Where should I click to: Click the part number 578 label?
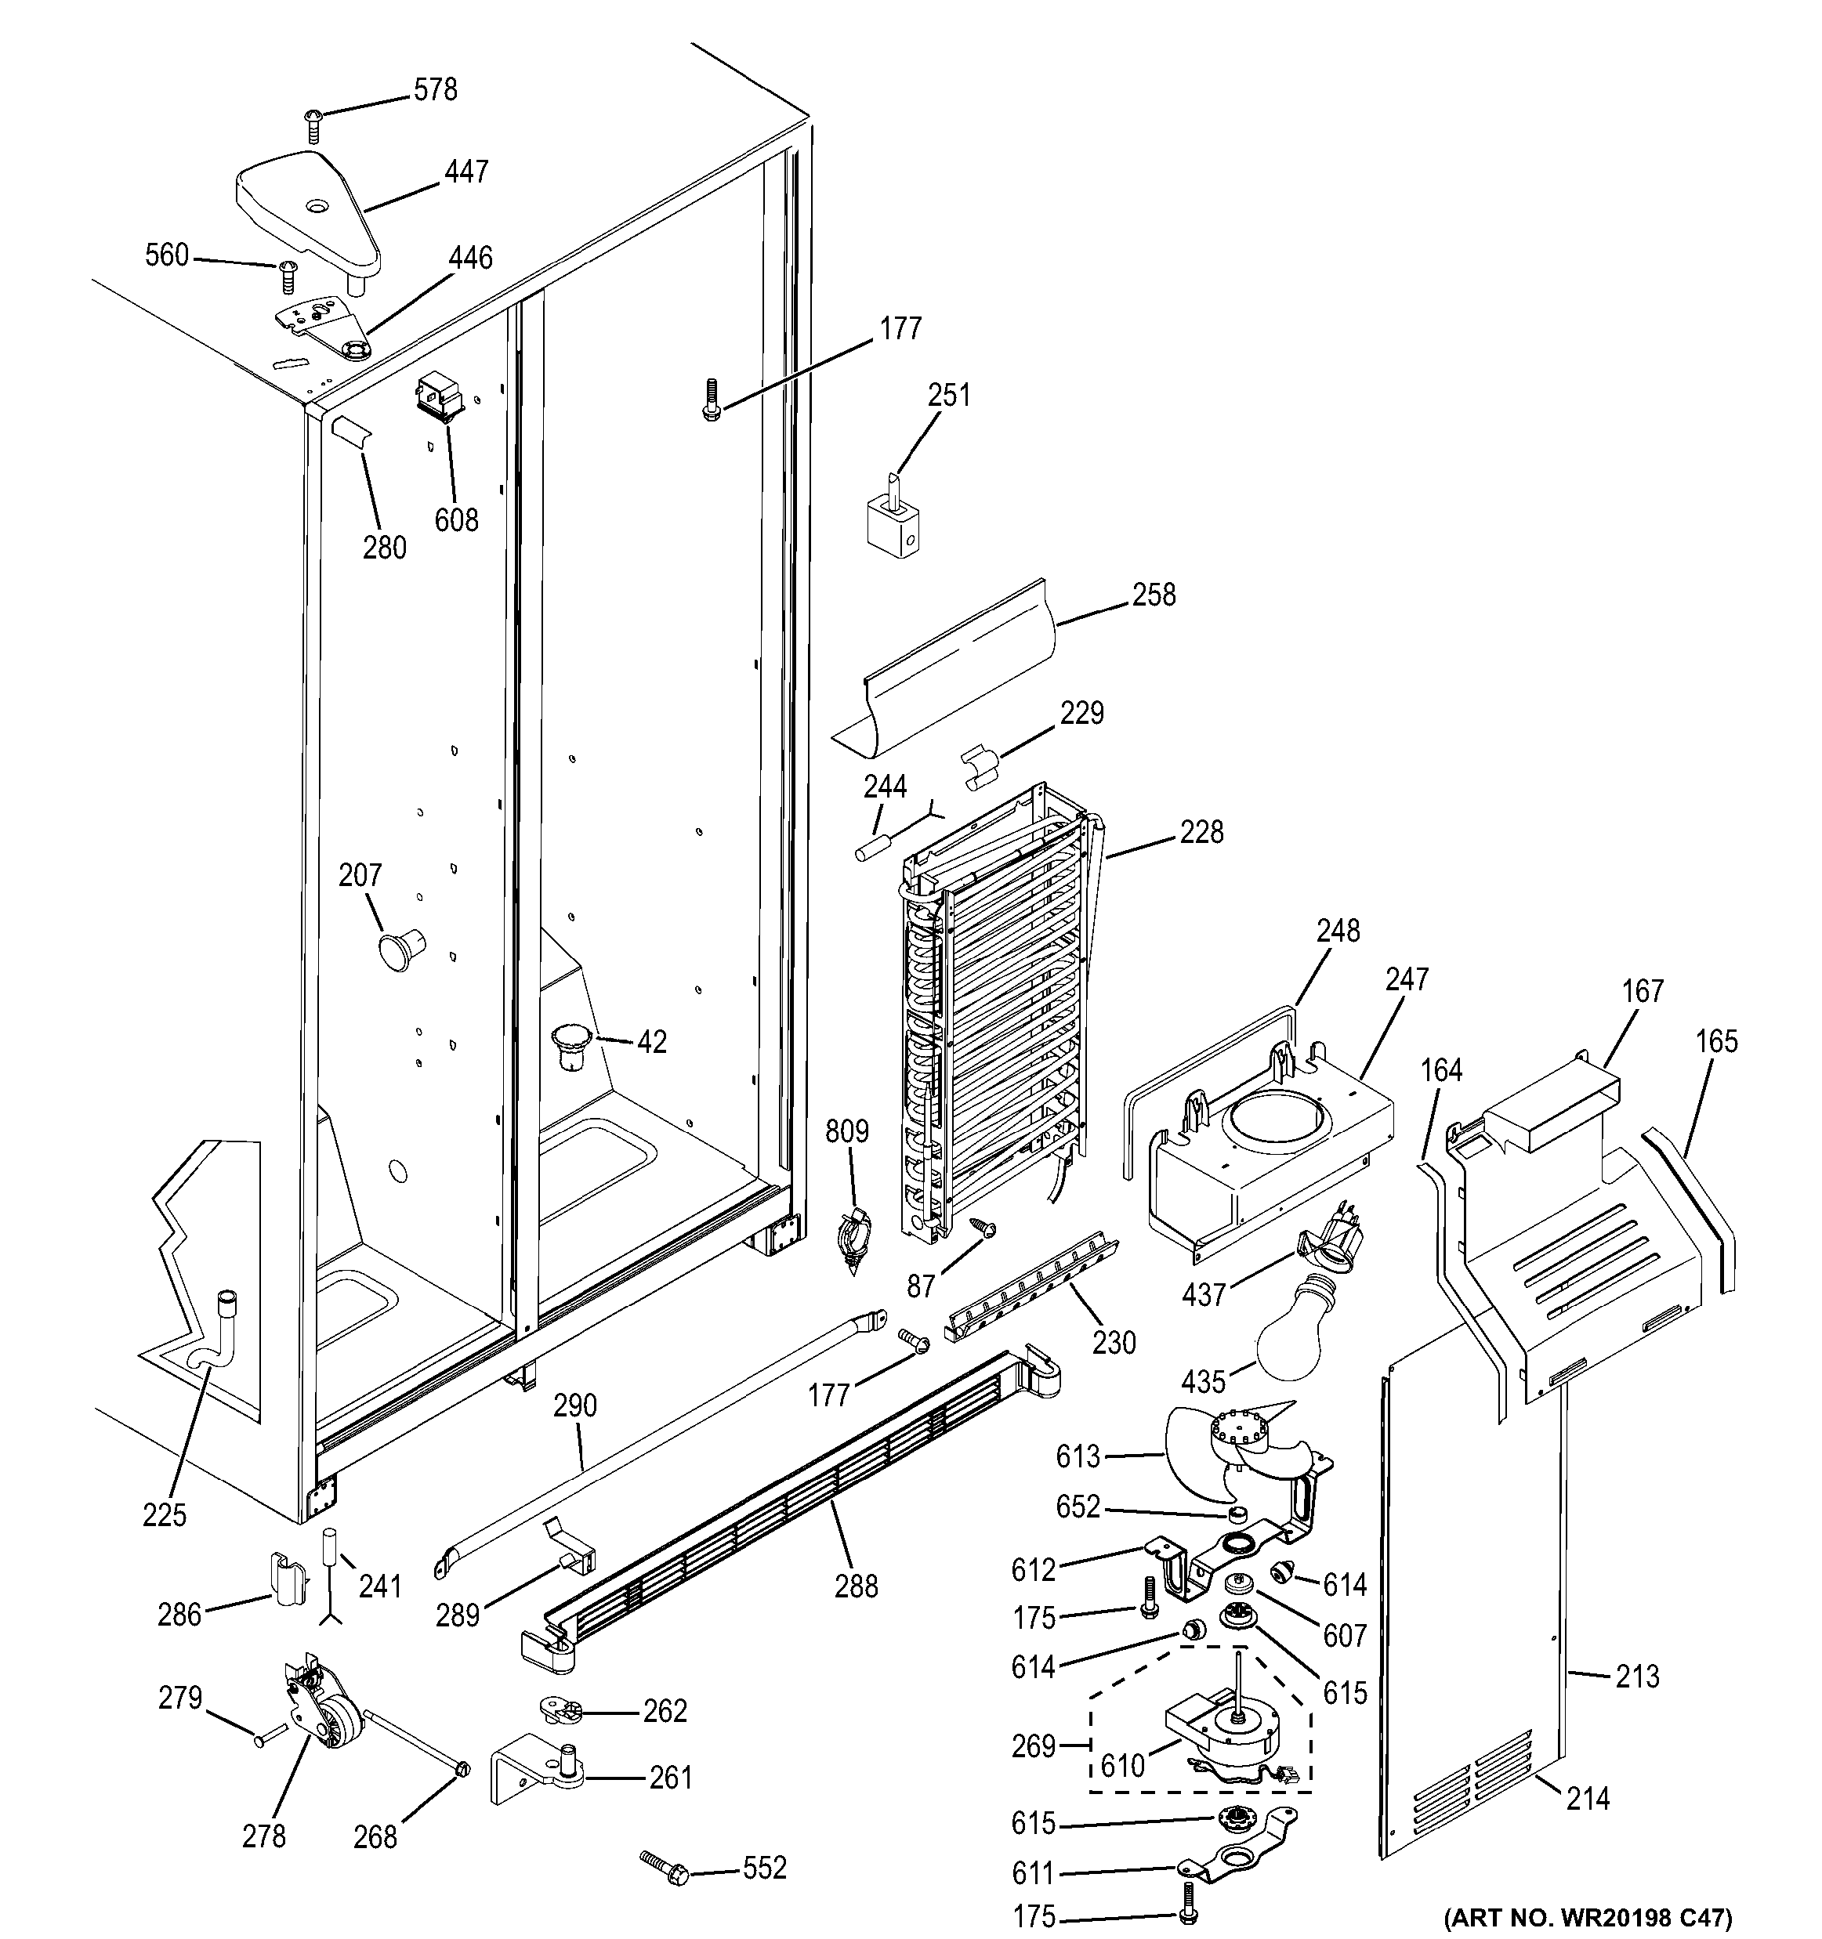435,90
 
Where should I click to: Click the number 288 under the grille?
856,1587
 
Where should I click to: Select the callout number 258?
1154,595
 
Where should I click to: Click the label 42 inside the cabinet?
651,1042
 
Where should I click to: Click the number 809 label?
846,1131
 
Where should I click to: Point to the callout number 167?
1643,991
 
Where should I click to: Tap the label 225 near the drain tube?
164,1514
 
